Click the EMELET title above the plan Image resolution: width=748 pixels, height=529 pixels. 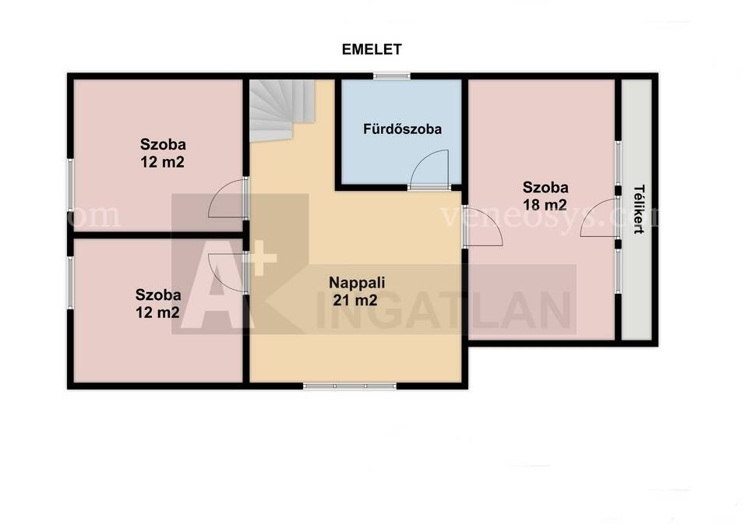(372, 49)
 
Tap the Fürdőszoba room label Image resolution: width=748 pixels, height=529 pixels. (402, 129)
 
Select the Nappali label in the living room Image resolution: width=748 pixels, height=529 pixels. (357, 282)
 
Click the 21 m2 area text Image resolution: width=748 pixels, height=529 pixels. (355, 300)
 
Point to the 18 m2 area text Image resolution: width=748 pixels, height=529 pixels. (545, 205)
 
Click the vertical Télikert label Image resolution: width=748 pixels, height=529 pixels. (639, 209)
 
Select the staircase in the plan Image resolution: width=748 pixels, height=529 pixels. (282, 110)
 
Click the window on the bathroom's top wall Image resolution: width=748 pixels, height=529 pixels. (391, 76)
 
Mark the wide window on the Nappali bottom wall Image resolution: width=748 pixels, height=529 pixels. (350, 386)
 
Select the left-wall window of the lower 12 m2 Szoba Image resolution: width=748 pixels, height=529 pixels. (70, 283)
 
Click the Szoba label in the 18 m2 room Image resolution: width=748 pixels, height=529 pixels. (545, 188)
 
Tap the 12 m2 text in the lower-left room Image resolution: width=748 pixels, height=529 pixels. (157, 312)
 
